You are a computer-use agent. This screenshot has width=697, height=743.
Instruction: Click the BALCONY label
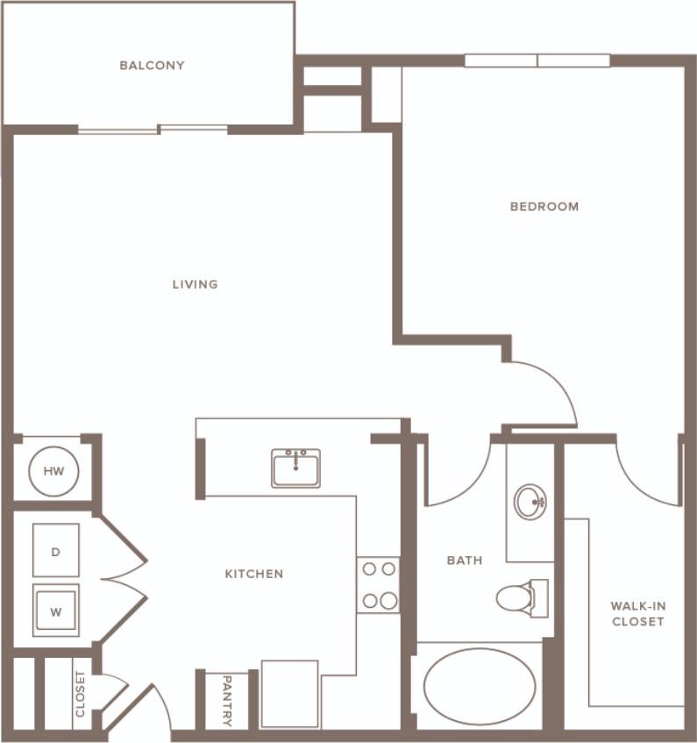(153, 65)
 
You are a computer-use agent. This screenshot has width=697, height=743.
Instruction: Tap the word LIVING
(195, 284)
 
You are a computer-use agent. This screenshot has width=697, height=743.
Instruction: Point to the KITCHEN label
(254, 574)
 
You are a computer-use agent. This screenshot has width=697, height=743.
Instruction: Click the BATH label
(465, 561)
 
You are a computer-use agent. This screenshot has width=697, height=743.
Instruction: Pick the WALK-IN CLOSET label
(637, 613)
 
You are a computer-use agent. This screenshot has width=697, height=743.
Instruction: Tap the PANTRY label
(226, 701)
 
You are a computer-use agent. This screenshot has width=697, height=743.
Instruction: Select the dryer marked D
(56, 551)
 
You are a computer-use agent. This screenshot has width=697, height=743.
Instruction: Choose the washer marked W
(56, 611)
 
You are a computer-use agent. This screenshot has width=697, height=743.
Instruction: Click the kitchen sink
(295, 468)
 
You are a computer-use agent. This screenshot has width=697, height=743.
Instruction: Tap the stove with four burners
(379, 584)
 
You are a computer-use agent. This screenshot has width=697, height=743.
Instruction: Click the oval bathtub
(479, 686)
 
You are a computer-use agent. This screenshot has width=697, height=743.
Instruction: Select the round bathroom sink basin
(529, 502)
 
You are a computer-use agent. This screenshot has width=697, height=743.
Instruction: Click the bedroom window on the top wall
(537, 61)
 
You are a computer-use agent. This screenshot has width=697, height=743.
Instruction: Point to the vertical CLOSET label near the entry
(81, 694)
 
